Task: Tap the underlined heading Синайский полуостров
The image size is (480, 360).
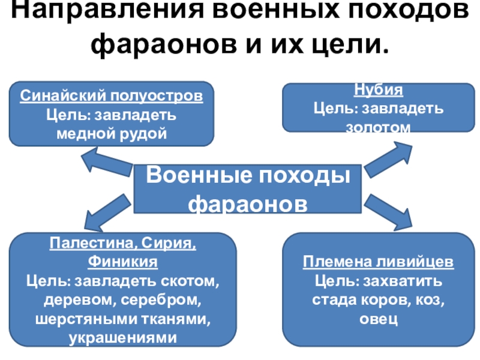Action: pos(112,96)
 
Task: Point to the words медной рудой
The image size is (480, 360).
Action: pos(111,132)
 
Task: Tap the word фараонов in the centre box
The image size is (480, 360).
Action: pos(247,203)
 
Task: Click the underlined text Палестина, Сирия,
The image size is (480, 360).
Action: pos(123,245)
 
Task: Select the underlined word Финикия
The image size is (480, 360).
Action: pos(123,263)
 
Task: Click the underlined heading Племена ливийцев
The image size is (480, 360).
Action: pos(378,263)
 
